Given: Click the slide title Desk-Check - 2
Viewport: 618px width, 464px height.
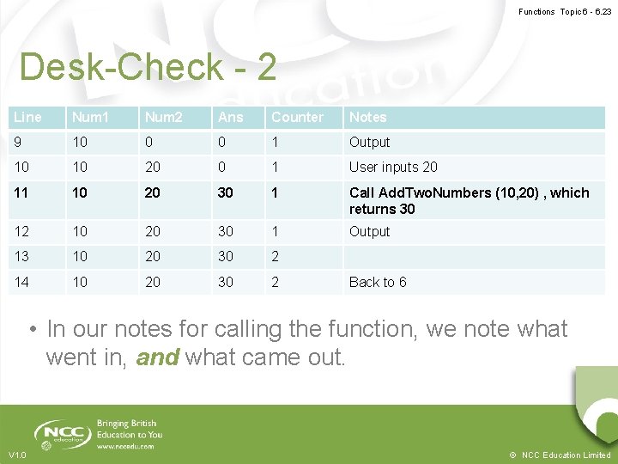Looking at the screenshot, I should [x=148, y=67].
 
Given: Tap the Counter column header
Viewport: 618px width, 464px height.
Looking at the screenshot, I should [x=297, y=117].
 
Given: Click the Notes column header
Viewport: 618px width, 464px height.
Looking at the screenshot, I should [x=367, y=117].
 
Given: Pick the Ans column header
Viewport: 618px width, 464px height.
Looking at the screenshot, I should [x=231, y=117].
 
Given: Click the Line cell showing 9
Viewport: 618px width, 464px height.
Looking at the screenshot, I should [x=19, y=142].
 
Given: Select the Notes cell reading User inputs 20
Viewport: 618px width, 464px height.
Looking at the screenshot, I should [x=393, y=167].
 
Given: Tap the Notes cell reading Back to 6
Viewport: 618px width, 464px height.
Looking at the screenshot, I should [x=378, y=282].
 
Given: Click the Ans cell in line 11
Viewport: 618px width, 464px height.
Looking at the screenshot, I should [x=226, y=192].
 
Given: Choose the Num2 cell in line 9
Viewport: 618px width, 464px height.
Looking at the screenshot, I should [x=148, y=142].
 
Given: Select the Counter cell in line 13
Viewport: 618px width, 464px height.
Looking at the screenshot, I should [x=276, y=257].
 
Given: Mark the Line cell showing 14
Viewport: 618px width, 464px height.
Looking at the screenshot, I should [x=22, y=282].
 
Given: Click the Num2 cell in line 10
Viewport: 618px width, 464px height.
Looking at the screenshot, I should [x=152, y=167].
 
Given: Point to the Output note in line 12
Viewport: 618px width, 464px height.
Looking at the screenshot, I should [x=369, y=231].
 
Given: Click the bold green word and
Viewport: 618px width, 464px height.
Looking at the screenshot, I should [x=157, y=357].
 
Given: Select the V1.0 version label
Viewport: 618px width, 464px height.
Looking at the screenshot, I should [x=17, y=455].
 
